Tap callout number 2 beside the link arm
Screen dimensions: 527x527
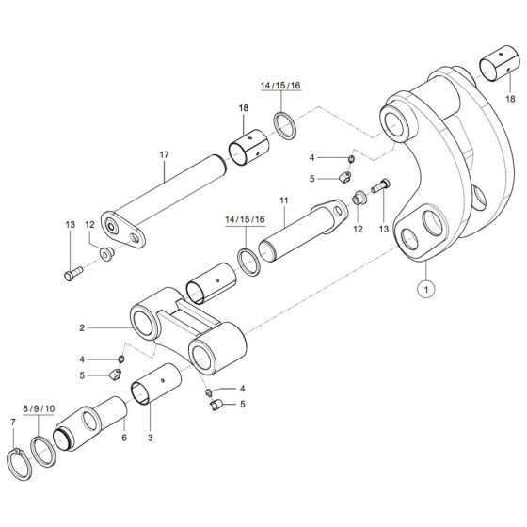[x=83, y=327]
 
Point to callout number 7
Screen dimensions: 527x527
[x=12, y=423]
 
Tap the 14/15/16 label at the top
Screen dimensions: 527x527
[x=281, y=86]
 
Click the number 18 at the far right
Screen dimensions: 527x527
[x=511, y=98]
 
